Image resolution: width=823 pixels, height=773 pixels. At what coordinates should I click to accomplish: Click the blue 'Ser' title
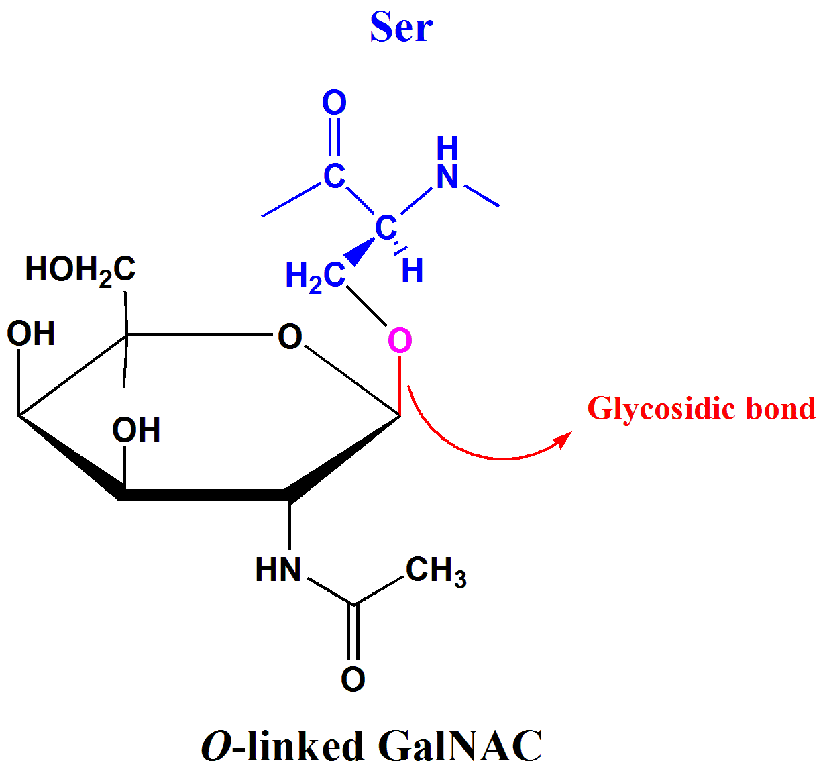401,28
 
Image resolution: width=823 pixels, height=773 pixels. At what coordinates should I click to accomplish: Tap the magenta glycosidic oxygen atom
400,341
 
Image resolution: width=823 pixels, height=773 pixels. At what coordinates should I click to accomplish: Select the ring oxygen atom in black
290,337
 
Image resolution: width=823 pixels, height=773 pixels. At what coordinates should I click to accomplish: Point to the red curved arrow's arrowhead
563,439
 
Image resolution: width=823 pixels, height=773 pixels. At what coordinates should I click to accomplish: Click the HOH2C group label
80,270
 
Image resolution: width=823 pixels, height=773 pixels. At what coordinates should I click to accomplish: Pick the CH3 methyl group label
436,571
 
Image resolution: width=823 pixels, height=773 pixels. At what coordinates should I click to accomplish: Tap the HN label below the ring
278,570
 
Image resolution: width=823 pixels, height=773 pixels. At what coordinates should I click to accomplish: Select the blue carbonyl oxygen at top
334,103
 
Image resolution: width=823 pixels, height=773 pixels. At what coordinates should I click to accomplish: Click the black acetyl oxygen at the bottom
353,679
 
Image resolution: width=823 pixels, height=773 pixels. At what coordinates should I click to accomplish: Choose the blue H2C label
315,276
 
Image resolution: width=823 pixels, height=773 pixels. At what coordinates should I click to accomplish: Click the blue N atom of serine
447,177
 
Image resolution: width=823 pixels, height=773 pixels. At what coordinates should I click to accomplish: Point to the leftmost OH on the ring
31,333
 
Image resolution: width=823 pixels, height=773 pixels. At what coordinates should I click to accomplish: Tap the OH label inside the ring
136,430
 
